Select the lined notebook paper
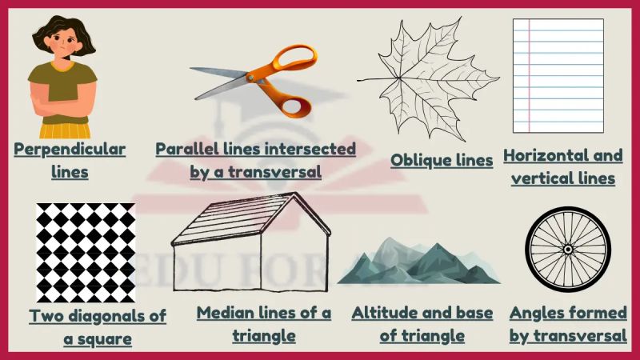(558, 75)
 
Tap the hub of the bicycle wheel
(568, 249)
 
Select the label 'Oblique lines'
(442, 160)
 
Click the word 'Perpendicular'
(70, 150)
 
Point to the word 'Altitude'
(382, 313)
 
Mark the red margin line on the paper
(528, 75)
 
